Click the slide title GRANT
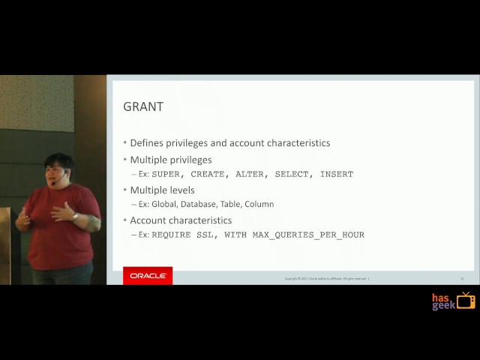click(142, 106)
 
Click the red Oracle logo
click(148, 276)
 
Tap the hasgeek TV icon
click(466, 301)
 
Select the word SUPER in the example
click(166, 174)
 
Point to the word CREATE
click(208, 174)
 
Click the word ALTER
click(250, 174)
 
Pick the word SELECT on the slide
click(292, 174)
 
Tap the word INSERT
click(337, 174)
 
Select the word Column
click(259, 204)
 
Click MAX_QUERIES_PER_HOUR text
click(308, 235)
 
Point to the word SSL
click(205, 235)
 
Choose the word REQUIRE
click(171, 235)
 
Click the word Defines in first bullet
click(147, 143)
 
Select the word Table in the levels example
click(229, 204)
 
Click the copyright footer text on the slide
click(326, 279)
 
